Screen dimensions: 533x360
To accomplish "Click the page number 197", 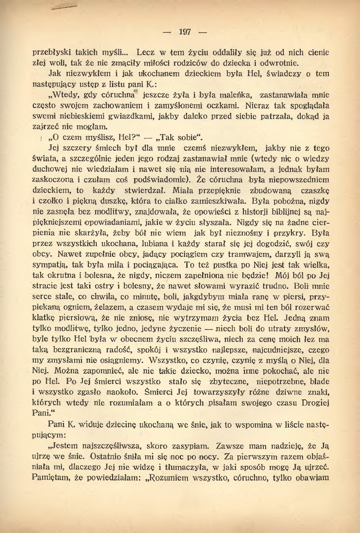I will click(x=185, y=32).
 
